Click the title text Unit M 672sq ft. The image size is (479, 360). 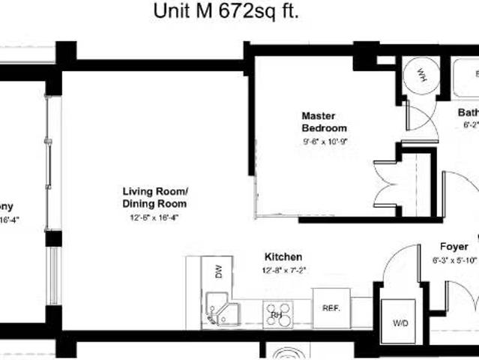click(230, 12)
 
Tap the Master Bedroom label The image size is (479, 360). click(324, 122)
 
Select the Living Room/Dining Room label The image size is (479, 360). click(154, 197)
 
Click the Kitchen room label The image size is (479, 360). click(283, 256)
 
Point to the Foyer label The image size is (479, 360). click(454, 247)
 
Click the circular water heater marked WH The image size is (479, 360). click(421, 76)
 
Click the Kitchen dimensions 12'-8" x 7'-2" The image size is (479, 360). click(284, 269)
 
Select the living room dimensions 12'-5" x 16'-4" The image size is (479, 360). click(153, 217)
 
